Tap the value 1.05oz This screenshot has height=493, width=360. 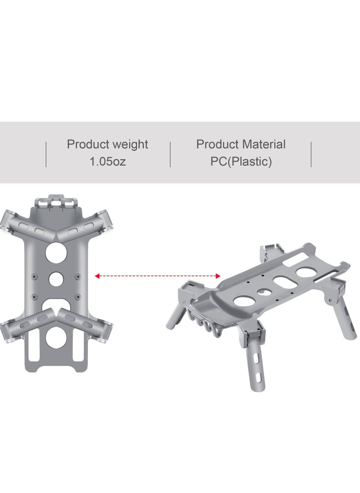pyautogui.click(x=108, y=161)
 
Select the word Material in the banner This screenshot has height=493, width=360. pyautogui.click(x=263, y=144)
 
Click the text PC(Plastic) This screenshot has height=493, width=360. pyautogui.click(x=241, y=161)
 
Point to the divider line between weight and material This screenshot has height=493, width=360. pyautogui.click(x=170, y=154)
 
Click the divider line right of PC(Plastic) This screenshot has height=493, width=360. pyautogui.click(x=311, y=154)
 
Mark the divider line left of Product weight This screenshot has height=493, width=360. pyautogui.click(x=46, y=154)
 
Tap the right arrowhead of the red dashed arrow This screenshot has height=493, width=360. pyautogui.click(x=219, y=275)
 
